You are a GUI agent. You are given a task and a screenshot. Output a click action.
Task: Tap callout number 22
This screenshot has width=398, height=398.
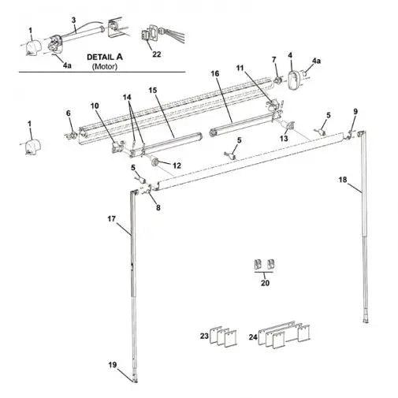[x=156, y=54]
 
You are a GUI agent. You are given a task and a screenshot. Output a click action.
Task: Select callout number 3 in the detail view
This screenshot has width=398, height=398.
[x=73, y=19]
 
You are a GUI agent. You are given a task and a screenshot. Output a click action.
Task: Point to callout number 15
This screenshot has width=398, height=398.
[x=154, y=91]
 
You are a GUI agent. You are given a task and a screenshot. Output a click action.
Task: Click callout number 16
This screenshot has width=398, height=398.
[x=214, y=74]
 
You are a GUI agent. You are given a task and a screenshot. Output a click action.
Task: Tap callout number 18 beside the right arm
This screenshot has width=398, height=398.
[x=364, y=180]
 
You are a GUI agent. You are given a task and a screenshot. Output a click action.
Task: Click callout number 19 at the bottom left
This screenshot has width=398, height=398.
[x=113, y=364]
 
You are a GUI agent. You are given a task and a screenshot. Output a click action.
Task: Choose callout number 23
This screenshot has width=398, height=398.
[x=203, y=336]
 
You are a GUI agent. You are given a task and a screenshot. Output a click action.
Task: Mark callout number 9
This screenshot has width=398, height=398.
[x=355, y=111]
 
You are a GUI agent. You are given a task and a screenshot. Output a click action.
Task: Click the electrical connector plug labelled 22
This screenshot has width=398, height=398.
[x=147, y=35]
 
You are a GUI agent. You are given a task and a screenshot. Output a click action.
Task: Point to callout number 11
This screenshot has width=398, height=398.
[x=240, y=70]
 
